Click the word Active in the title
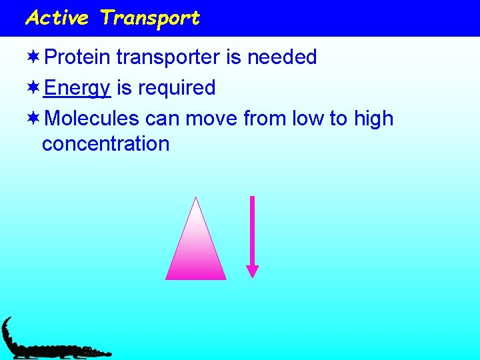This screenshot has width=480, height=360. point(57,18)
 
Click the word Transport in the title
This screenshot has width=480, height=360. point(149,18)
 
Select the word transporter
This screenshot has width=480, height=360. point(169,58)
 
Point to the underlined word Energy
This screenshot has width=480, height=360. point(77,89)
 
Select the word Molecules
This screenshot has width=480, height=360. point(92,119)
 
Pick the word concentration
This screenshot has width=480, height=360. point(105,144)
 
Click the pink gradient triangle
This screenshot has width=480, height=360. point(195,253)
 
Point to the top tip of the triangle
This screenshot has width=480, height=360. point(195,199)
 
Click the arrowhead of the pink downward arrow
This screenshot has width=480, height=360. point(252,271)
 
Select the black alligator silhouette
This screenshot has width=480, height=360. point(47,343)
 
